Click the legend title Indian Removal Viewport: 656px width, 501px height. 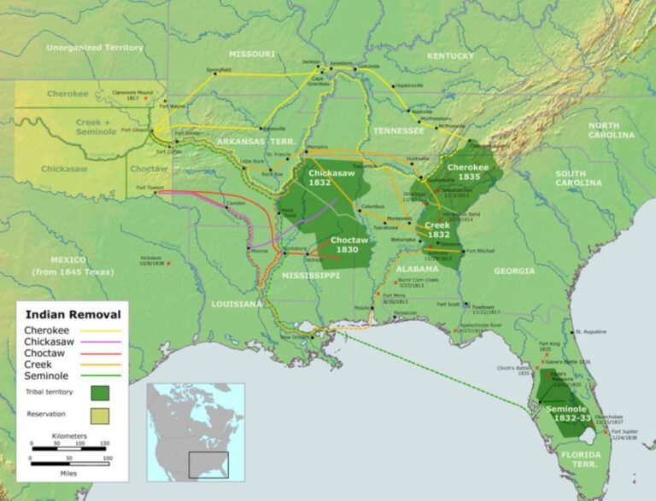71,312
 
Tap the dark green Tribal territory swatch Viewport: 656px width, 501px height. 99,393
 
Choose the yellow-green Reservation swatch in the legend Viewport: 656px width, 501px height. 99,415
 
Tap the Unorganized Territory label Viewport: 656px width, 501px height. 95,48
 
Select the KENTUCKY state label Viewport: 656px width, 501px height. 450,55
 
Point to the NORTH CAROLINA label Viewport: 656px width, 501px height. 611,130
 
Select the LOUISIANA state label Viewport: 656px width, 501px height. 237,304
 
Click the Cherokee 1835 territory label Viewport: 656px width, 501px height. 468,172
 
